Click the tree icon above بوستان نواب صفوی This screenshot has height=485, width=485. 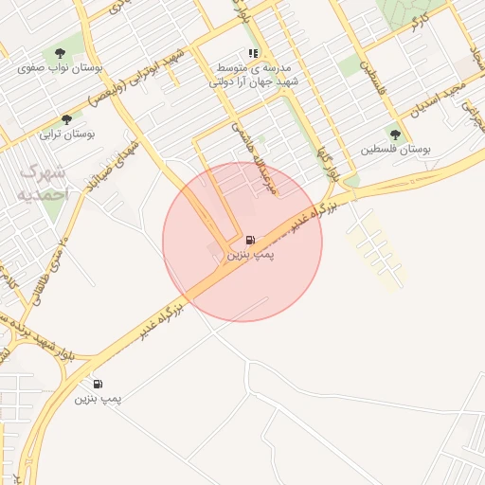(x=61, y=53)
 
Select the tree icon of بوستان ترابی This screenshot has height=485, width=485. (x=66, y=119)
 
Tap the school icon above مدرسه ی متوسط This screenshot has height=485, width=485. (x=252, y=54)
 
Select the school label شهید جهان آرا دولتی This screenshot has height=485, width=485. (x=254, y=82)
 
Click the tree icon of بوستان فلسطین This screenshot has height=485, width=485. (x=394, y=134)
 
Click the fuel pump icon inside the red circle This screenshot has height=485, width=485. (x=249, y=241)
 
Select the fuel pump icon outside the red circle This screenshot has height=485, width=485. (x=98, y=385)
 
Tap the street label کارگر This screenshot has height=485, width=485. (x=417, y=26)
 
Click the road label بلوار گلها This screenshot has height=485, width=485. (x=324, y=164)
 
